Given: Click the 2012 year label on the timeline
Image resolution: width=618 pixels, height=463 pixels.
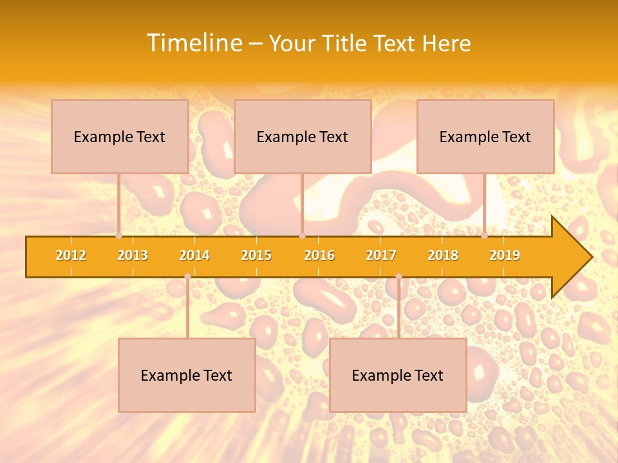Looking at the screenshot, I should tap(71, 255).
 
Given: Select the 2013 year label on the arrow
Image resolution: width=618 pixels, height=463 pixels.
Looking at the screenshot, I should tap(133, 255).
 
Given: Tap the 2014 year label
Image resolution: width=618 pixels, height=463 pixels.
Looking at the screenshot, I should tap(194, 255).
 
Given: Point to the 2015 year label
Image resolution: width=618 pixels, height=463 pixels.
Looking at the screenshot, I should tap(256, 255).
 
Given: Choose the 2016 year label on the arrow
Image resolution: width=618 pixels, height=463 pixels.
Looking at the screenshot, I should tap(319, 255).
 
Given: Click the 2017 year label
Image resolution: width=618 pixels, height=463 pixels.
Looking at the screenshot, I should tap(381, 255).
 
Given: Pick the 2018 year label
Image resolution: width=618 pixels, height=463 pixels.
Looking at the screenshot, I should tap(443, 255).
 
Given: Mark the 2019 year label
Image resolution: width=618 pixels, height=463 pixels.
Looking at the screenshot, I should tap(505, 255).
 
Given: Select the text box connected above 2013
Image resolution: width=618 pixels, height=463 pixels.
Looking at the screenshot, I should tap(120, 136).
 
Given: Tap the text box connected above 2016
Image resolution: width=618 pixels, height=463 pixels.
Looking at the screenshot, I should tap(303, 136).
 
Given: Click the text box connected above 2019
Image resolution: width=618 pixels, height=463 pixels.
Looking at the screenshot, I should tap(485, 136).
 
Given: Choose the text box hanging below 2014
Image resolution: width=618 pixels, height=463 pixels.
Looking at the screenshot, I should tap(187, 375).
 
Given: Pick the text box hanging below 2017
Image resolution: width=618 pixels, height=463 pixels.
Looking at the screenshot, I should tap(398, 375).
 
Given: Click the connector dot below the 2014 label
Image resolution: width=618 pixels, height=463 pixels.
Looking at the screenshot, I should tap(187, 277).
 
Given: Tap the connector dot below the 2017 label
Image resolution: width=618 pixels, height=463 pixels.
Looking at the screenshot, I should tap(398, 277).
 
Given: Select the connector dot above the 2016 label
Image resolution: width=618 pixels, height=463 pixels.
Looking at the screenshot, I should tap(302, 236).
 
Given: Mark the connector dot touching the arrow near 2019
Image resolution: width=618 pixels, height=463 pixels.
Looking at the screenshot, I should tap(485, 236).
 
